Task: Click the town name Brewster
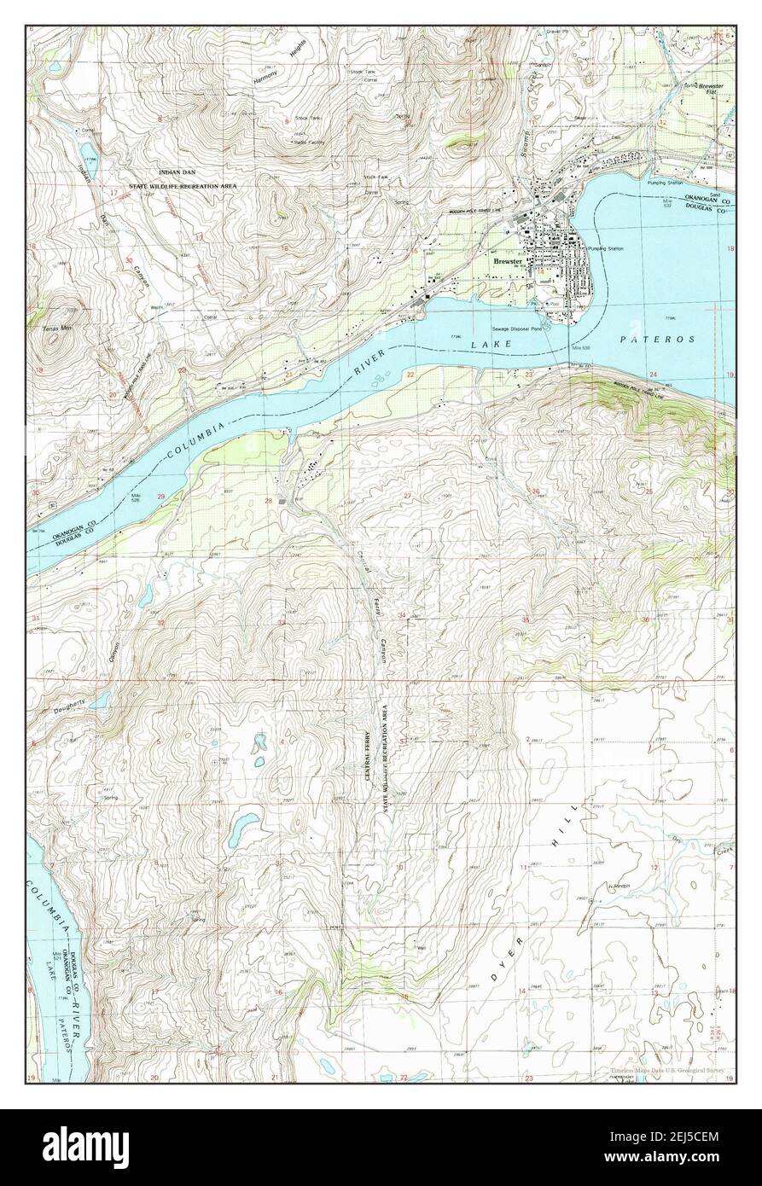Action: [x=508, y=262]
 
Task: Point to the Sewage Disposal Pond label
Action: [x=516, y=328]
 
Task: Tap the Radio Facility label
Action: [x=311, y=142]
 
